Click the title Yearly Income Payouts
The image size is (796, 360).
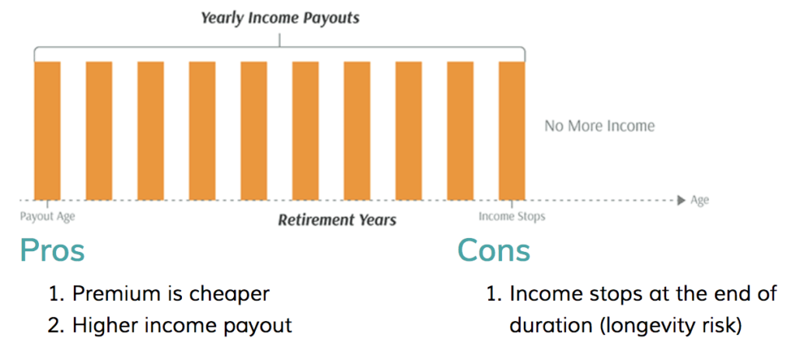[x=280, y=19]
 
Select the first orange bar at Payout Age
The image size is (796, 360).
[x=47, y=131]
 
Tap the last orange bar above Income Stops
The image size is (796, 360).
[x=511, y=131]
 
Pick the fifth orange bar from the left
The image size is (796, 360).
[x=254, y=131]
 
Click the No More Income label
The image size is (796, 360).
[x=599, y=125]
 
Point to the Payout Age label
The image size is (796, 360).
[x=47, y=217]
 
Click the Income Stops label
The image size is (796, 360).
[x=511, y=217]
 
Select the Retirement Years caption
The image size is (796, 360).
[x=337, y=220]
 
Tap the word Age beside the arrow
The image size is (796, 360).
[x=700, y=201]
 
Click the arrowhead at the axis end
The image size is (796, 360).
[x=682, y=201]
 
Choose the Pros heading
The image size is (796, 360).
[x=52, y=250]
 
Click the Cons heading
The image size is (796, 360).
[x=494, y=250]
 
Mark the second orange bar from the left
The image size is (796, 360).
[x=99, y=131]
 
